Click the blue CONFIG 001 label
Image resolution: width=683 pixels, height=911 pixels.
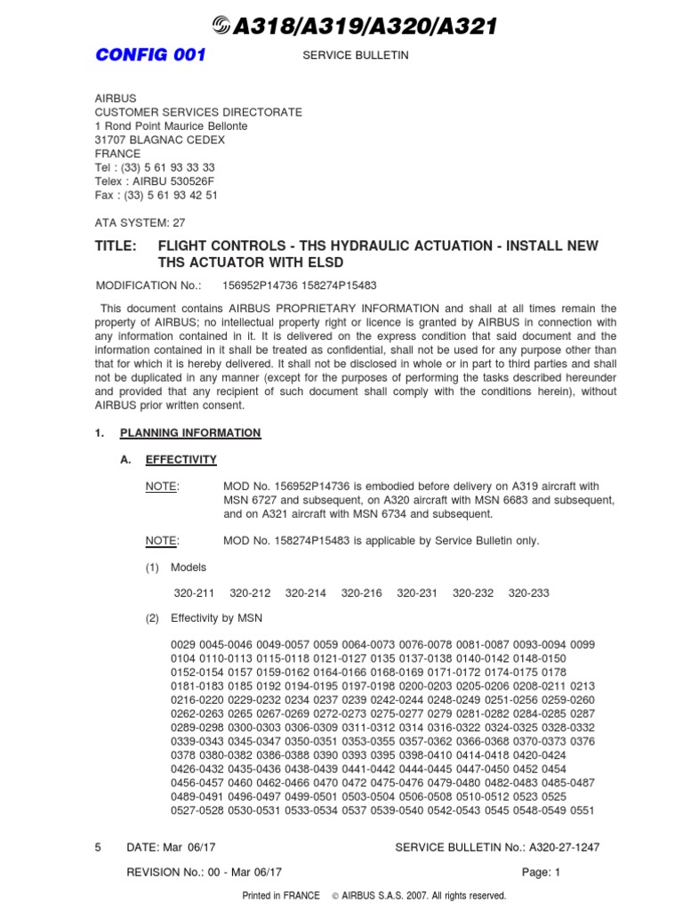click(150, 55)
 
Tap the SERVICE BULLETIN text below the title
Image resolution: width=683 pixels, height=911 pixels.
click(345, 55)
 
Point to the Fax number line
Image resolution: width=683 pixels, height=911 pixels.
click(156, 195)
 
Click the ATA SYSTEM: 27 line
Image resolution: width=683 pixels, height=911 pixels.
click(140, 223)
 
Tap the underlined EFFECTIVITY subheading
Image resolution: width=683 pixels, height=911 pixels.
click(181, 460)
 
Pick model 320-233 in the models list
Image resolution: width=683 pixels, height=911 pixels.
click(528, 593)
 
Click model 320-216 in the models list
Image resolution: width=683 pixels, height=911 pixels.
click(359, 593)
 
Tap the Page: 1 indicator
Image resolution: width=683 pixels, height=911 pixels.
click(541, 873)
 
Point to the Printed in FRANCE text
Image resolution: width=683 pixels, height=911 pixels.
click(281, 896)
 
